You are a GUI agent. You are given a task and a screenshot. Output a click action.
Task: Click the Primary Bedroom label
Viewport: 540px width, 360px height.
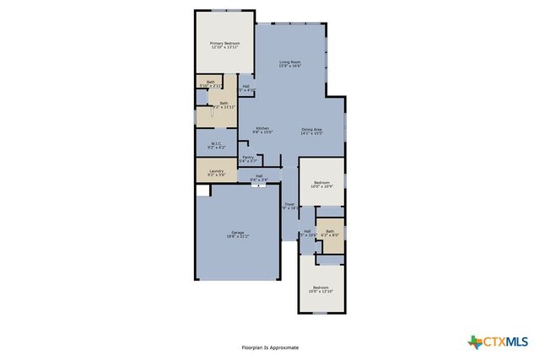pos(224,43)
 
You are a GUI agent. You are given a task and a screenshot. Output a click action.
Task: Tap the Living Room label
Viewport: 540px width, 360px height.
pos(290,63)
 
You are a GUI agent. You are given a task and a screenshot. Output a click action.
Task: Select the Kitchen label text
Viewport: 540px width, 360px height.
pos(262,128)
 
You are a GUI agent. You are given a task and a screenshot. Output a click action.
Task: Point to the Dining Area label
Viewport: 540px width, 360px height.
pos(311,129)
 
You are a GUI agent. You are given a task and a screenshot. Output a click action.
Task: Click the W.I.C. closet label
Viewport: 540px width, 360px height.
pos(215,142)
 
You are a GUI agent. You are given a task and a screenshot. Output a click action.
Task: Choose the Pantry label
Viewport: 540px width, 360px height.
pos(247,158)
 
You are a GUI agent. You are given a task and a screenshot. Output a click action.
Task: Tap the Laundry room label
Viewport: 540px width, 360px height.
pos(216,171)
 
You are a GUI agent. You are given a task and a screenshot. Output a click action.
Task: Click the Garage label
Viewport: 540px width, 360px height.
pos(237,232)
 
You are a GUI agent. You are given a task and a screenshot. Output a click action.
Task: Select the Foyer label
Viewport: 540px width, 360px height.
pos(289,205)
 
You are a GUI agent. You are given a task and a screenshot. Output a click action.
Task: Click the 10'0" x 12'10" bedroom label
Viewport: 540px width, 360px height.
pos(321,289)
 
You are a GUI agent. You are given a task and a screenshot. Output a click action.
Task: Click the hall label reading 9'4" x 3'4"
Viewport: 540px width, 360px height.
pos(259,177)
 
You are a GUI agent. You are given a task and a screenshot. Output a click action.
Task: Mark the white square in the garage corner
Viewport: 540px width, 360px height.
pos(202,191)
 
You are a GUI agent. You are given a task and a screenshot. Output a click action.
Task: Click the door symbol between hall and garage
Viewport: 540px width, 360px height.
pos(259,185)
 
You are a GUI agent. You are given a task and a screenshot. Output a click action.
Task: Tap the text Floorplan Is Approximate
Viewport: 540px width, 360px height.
pos(270,347)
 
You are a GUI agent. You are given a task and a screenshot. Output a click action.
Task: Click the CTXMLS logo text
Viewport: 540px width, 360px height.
pos(505,341)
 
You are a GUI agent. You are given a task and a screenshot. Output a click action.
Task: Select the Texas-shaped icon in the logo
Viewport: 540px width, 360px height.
pos(474,341)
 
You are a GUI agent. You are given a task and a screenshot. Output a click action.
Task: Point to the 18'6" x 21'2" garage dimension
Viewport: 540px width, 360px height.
pos(237,236)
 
